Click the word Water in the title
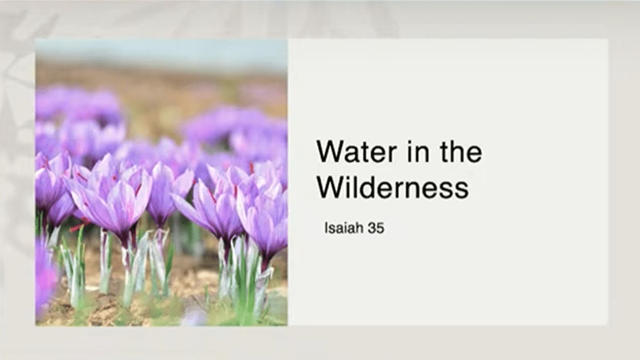(x=357, y=152)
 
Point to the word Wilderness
(x=393, y=188)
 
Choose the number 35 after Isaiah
(x=376, y=228)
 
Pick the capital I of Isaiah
(x=326, y=228)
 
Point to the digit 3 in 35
(x=372, y=228)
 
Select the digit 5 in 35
(x=380, y=228)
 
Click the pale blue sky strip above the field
(x=161, y=51)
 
